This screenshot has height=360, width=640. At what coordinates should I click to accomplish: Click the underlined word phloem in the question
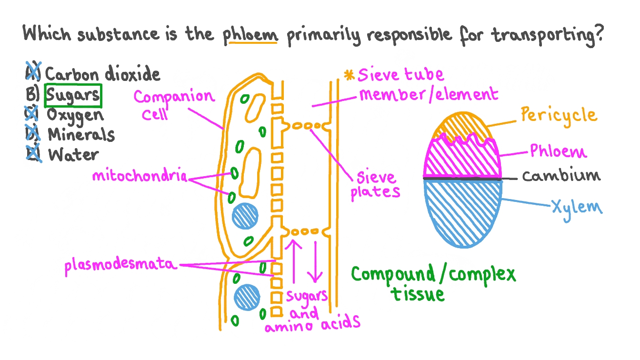(x=250, y=35)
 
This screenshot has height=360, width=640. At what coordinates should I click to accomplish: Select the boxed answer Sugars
(x=73, y=95)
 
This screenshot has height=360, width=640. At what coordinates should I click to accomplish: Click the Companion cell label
(x=174, y=104)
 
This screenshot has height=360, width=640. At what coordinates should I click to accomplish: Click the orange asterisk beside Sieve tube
(x=350, y=75)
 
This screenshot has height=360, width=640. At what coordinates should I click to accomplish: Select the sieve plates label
(x=376, y=185)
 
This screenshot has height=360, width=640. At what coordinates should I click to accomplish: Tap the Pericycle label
(x=558, y=115)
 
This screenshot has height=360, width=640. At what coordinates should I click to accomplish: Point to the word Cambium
(x=560, y=176)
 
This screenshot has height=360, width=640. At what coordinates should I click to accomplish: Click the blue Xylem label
(x=576, y=207)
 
